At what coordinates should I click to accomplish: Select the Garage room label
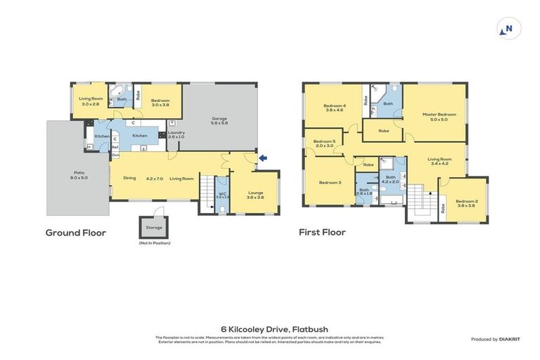point(219,120)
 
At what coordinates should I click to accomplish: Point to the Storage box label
point(154,227)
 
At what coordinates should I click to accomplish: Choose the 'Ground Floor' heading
point(75,233)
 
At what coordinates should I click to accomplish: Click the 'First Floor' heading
point(322,233)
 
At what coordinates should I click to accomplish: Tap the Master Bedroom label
point(439,117)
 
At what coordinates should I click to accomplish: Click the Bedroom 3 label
point(330,183)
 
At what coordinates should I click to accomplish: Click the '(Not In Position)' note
point(154,243)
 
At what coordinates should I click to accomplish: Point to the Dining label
point(129,179)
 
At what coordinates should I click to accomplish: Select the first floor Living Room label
point(440,161)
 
